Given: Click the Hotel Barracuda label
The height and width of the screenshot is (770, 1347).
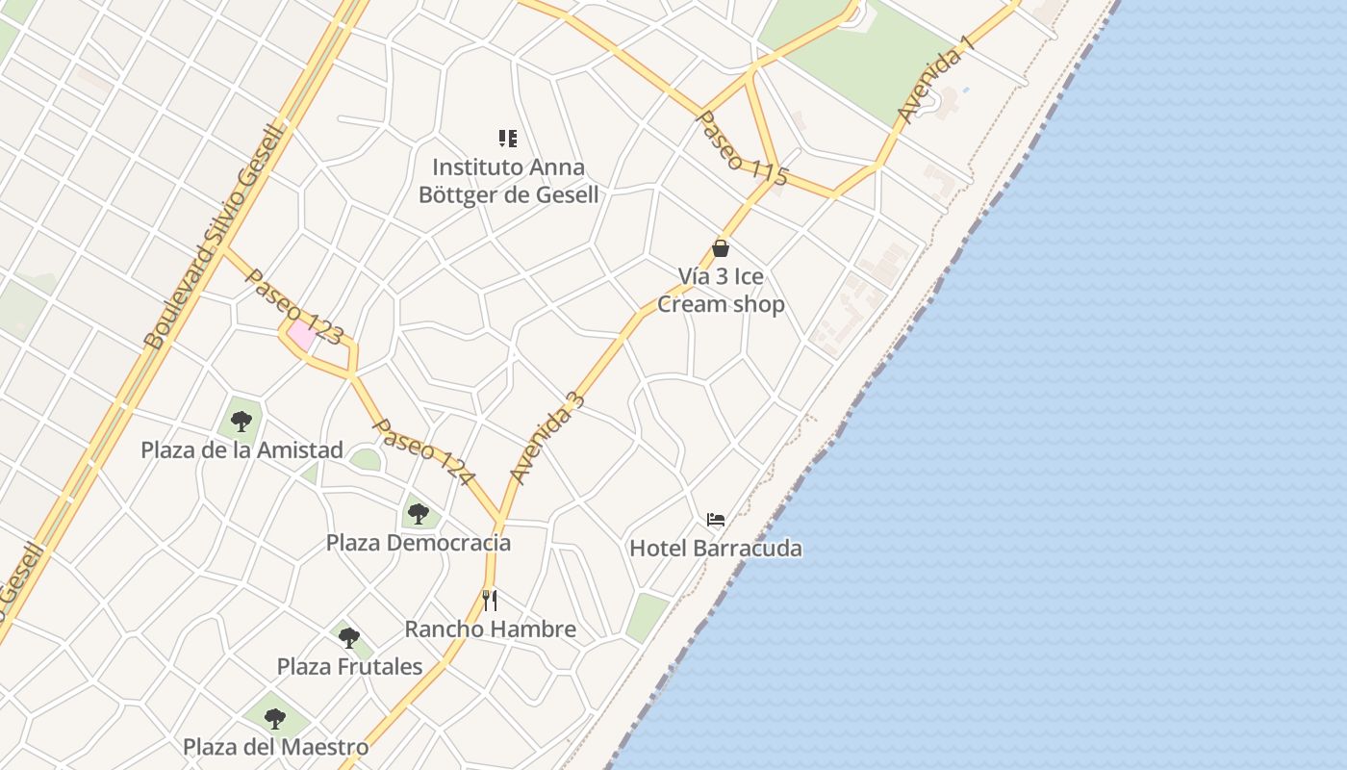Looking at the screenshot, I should click(x=715, y=549).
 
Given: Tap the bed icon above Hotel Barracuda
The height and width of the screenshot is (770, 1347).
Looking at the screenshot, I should click(x=715, y=521).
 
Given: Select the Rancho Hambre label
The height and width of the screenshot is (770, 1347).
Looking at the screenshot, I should click(x=490, y=629).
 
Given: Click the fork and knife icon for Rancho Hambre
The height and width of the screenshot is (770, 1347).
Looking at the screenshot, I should click(x=490, y=601).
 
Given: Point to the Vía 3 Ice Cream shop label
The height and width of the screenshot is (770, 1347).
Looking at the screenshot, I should click(x=721, y=291).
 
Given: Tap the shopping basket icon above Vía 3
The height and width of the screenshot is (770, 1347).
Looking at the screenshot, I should click(x=721, y=248).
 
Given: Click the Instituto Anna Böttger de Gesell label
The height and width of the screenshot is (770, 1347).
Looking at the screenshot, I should click(x=508, y=181).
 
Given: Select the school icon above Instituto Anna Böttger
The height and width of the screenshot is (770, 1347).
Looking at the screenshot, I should click(x=508, y=139).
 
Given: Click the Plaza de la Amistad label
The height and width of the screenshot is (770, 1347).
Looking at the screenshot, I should click(x=241, y=449).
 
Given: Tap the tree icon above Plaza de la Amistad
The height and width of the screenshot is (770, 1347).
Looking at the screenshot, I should click(x=241, y=421).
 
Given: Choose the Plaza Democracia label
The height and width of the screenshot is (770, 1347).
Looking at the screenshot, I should click(x=418, y=543).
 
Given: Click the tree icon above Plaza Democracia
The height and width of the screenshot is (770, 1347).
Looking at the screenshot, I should click(x=418, y=513).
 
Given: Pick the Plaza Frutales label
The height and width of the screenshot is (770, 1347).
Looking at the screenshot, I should click(x=349, y=666).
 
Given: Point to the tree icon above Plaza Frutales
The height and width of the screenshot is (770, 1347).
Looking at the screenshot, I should click(x=348, y=637).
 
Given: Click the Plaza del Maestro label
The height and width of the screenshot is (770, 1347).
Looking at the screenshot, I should click(x=275, y=747).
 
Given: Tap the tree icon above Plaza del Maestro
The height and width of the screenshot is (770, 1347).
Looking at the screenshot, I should click(x=275, y=718).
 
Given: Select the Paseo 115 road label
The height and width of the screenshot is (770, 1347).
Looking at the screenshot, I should click(x=742, y=148).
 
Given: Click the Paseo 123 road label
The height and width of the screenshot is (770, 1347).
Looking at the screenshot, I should click(x=294, y=307).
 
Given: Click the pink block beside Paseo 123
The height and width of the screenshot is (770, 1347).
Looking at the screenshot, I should click(x=302, y=336).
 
